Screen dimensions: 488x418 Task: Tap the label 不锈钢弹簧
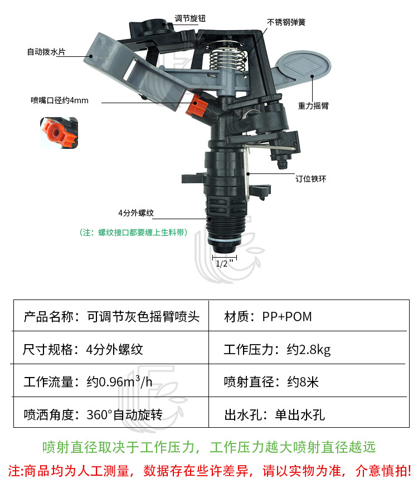tap(286, 23)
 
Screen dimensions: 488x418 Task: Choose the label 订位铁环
tap(310, 179)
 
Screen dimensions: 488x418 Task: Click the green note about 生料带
tap(133, 232)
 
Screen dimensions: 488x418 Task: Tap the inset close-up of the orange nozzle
tap(58, 134)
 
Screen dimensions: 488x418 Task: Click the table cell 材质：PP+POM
tap(268, 317)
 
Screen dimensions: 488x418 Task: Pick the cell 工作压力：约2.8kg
tap(277, 350)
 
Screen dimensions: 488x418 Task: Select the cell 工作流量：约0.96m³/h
tap(90, 383)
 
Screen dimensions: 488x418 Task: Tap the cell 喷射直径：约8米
tap(271, 383)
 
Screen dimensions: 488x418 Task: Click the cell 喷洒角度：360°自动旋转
tap(93, 415)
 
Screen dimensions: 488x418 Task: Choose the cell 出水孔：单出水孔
tap(274, 415)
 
